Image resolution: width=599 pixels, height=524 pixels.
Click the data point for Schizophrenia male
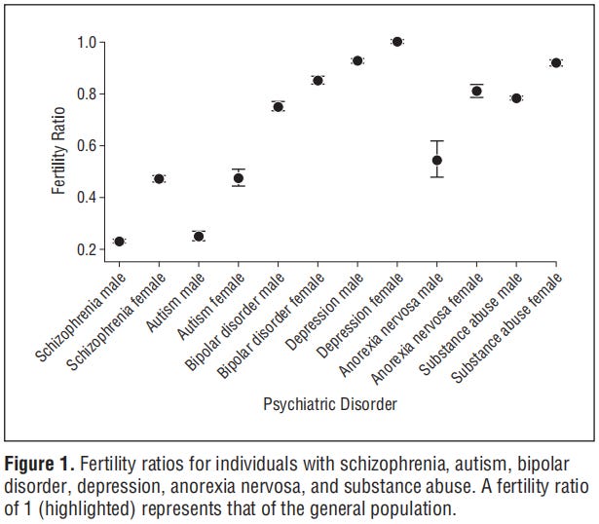click(120, 242)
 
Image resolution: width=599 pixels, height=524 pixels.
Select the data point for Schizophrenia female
click(159, 178)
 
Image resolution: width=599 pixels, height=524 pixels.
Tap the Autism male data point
click(199, 236)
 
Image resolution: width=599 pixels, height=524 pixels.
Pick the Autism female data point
click(238, 178)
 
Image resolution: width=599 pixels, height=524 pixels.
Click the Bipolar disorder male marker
click(278, 106)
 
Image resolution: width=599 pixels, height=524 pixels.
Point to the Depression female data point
click(396, 42)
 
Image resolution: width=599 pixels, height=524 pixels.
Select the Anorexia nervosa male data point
click(436, 160)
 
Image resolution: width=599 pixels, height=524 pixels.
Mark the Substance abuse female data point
click(556, 62)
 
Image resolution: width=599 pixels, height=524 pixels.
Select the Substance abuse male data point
click(516, 98)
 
